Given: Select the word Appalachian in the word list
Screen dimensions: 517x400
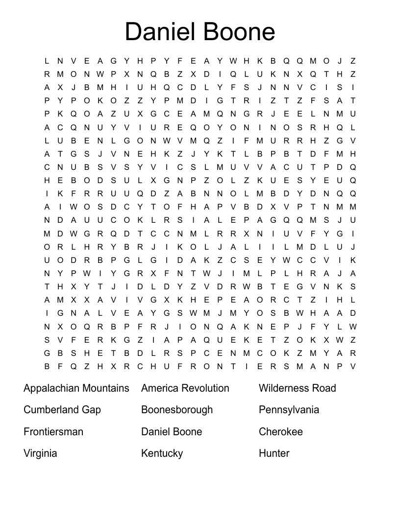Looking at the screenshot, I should click(x=51, y=388).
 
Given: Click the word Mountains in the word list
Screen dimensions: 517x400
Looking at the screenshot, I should click(x=105, y=388).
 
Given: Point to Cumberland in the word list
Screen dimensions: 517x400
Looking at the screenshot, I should click(x=50, y=410).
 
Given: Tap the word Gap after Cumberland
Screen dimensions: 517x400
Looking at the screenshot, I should click(x=91, y=410).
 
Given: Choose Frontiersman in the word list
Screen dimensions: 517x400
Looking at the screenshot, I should click(x=53, y=432).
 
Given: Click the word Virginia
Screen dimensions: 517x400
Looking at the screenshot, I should click(x=40, y=453).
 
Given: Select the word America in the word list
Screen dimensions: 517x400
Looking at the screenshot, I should click(x=160, y=388).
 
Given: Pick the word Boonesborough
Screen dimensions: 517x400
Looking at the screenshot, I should click(x=177, y=410).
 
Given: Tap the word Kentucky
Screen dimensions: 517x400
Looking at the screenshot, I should click(x=162, y=453).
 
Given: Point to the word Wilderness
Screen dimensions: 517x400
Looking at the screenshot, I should click(x=283, y=388).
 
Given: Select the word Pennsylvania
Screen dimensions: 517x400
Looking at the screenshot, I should click(x=289, y=410).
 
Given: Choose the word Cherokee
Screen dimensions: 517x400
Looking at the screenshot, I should click(x=281, y=432).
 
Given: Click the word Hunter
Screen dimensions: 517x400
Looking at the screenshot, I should click(x=274, y=453).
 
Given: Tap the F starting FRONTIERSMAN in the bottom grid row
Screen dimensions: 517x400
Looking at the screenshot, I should click(x=180, y=366).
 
